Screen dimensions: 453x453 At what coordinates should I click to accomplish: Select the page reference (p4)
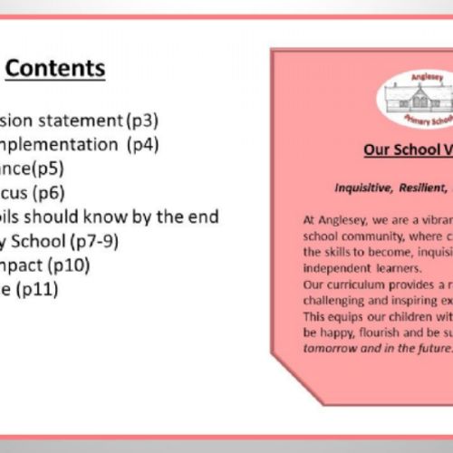pyautogui.click(x=143, y=143)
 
